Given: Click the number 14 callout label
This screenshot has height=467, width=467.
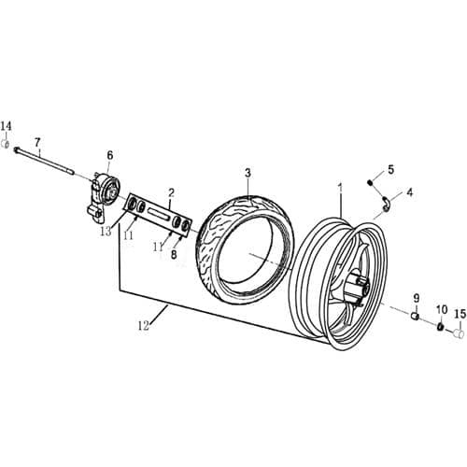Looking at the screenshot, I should (7, 126).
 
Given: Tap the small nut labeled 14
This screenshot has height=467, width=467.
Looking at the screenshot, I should (7, 145).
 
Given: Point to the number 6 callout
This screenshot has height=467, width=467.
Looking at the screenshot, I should (109, 155).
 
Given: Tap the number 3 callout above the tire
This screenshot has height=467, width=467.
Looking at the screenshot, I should (248, 173).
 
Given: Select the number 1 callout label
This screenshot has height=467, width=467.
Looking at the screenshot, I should (340, 188).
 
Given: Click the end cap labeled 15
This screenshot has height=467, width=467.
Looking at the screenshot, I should (458, 329).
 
